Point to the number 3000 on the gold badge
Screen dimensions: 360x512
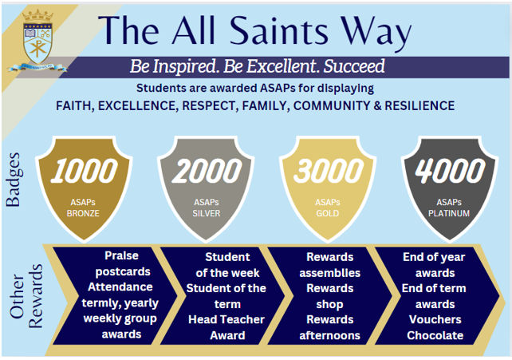tap(329, 172)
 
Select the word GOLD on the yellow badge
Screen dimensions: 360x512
tap(329, 213)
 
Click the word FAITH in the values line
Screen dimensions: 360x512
tap(77, 105)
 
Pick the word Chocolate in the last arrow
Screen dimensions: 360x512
tap(435, 335)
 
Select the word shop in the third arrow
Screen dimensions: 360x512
tap(325, 304)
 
